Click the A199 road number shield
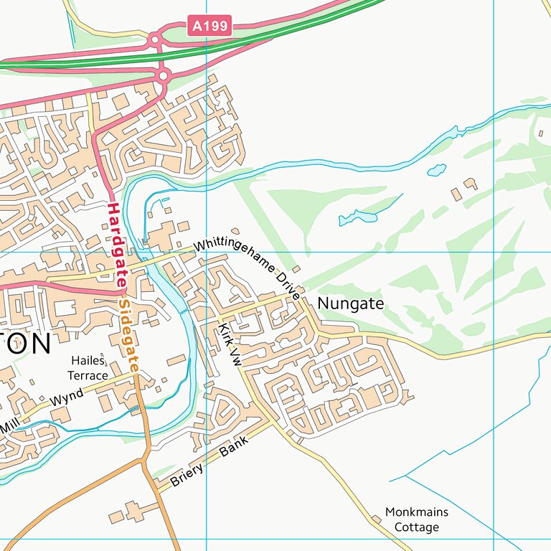[209, 27]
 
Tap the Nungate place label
[350, 303]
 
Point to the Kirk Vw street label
[230, 345]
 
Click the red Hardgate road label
[113, 246]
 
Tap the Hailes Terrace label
[88, 368]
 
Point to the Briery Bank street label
[209, 462]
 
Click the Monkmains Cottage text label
[417, 519]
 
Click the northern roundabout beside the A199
[154, 40]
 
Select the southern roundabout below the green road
[164, 74]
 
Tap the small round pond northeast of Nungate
[435, 170]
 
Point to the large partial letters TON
[25, 344]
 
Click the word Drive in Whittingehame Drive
[288, 285]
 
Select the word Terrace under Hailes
[88, 375]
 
